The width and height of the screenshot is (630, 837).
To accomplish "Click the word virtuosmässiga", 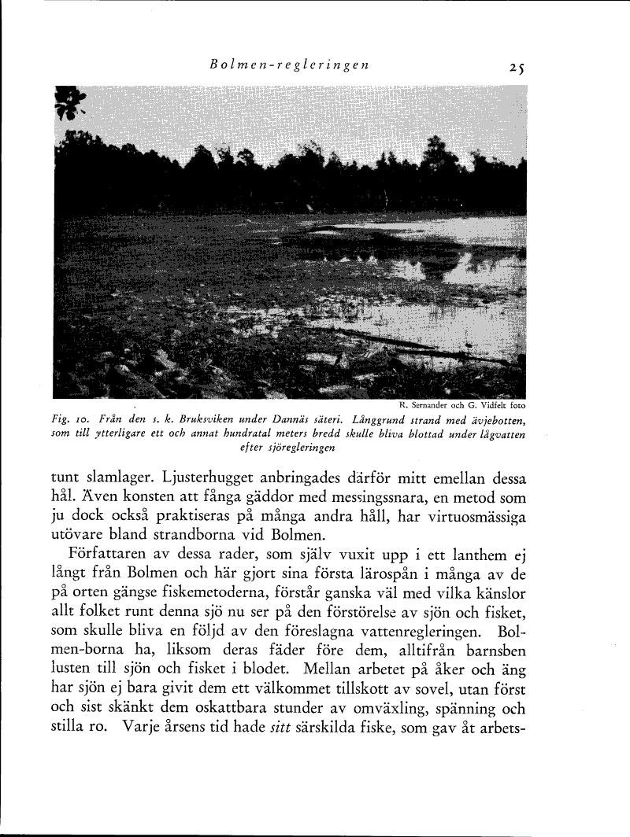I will tap(471, 518).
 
